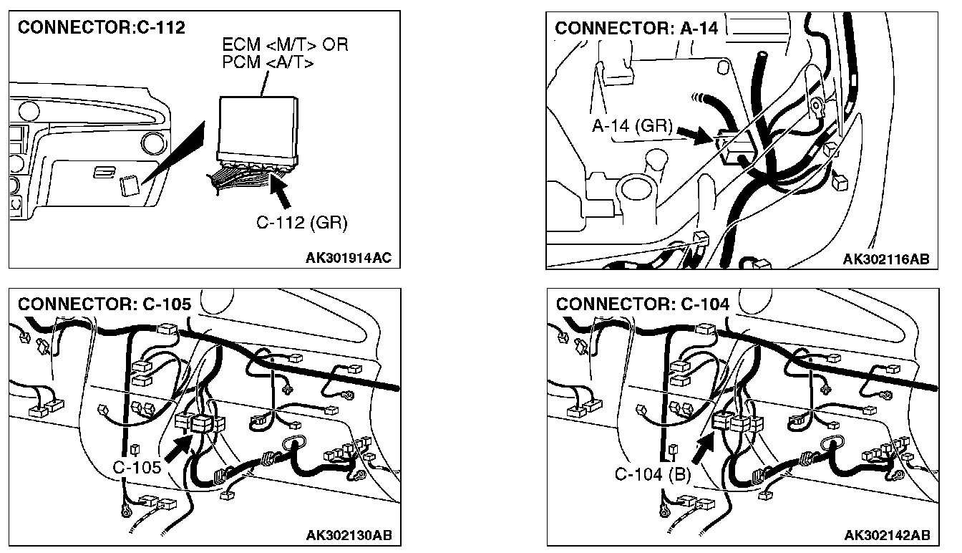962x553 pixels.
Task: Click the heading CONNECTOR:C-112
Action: point(101,28)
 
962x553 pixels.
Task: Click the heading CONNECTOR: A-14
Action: point(636,28)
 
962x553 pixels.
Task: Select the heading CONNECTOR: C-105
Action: point(105,304)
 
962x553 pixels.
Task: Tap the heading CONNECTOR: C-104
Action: point(643,304)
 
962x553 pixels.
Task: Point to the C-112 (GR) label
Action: point(301,223)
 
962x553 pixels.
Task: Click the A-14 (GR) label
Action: point(632,126)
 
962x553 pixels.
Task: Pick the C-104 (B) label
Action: point(653,474)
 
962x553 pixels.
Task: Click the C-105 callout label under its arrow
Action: point(137,467)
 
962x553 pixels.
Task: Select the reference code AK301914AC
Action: point(349,258)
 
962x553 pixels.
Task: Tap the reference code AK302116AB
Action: point(886,259)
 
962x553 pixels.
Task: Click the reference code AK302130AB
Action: point(349,535)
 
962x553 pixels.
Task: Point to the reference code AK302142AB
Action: point(887,535)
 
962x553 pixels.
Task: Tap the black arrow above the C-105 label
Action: point(177,448)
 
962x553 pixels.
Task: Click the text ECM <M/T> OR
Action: point(285,46)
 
